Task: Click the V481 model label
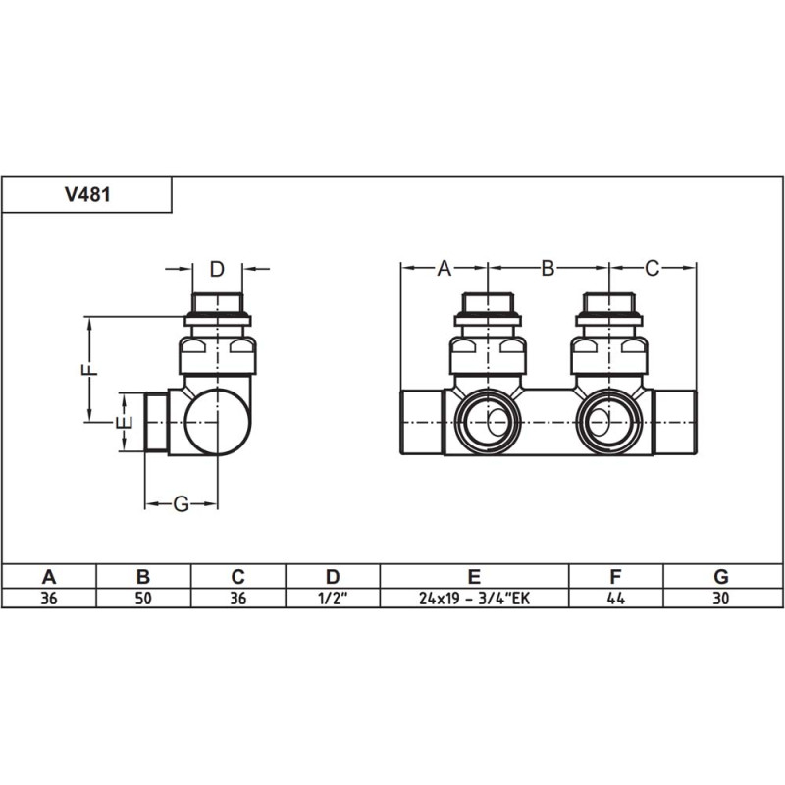(87, 194)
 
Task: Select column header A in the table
(48, 576)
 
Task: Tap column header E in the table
(474, 576)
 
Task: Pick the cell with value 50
(142, 598)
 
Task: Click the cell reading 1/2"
(333, 598)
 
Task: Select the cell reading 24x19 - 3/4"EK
(474, 598)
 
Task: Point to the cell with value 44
(616, 598)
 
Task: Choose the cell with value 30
(722, 598)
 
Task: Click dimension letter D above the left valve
(218, 269)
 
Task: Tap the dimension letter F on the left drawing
(87, 370)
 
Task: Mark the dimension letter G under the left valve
(181, 504)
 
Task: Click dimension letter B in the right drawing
(549, 267)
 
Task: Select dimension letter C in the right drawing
(653, 267)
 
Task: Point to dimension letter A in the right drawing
(444, 267)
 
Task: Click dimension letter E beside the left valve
(122, 423)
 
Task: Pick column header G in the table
(722, 576)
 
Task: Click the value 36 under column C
(237, 598)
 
